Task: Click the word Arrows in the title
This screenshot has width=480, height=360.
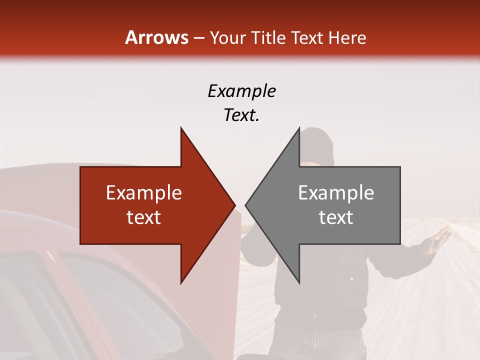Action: coord(156,37)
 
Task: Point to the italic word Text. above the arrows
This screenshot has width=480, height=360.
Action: coord(241,115)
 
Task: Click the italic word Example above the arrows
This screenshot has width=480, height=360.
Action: coord(241,91)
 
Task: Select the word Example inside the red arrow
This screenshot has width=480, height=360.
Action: coord(143,193)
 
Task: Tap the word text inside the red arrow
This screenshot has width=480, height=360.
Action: coord(143,217)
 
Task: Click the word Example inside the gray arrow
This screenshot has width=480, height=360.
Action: coord(336,193)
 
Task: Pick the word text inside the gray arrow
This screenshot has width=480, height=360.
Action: coord(336,217)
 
